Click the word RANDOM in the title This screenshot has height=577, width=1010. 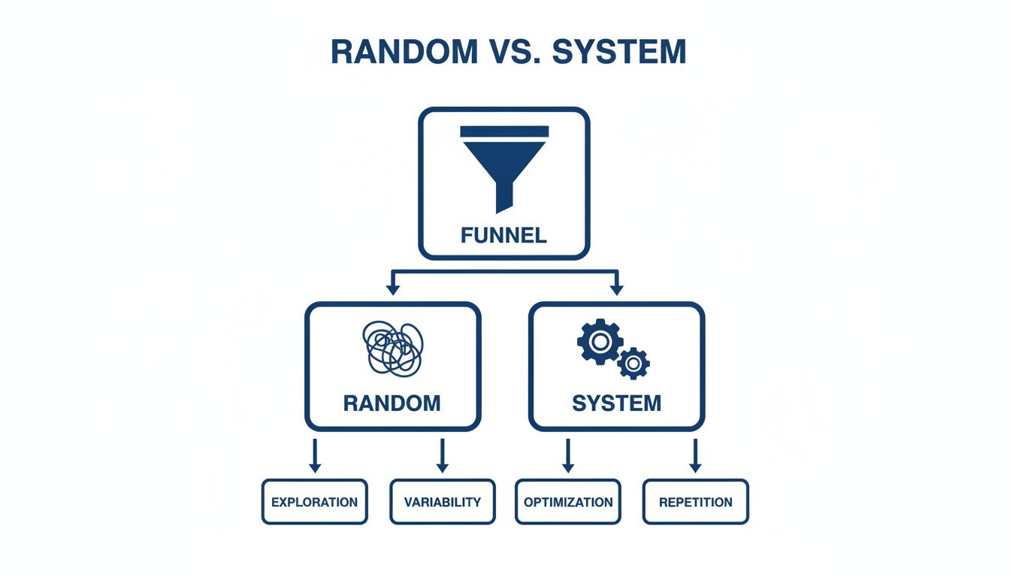402,51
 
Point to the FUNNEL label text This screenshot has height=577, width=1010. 503,235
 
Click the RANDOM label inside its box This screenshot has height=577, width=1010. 392,403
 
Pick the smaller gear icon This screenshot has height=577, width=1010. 634,364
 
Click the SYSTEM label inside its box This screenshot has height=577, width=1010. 616,403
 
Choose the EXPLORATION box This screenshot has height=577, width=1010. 314,502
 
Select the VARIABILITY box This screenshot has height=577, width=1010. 442,502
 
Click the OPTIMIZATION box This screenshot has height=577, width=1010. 568,502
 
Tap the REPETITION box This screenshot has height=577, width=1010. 695,502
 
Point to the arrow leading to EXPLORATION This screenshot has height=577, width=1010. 315,455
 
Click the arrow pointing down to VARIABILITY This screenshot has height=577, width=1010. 442,455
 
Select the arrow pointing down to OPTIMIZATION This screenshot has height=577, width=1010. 568,455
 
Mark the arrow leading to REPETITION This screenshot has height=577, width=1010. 695,455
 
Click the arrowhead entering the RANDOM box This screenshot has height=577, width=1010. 390,288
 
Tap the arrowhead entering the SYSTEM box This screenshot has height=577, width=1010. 617,288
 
